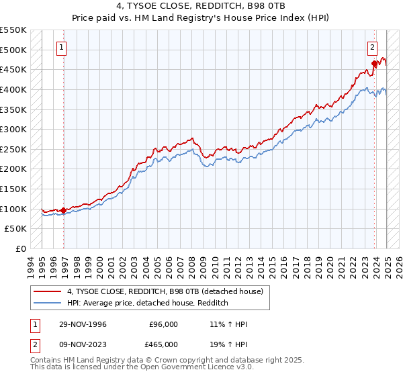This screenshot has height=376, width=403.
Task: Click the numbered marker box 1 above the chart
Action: (x=61, y=47)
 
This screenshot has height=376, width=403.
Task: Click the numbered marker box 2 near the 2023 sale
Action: (x=372, y=47)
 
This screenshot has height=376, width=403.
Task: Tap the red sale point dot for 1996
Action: (x=64, y=210)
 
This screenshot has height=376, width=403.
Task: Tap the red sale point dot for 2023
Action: (x=375, y=64)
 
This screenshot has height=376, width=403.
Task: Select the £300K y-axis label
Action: (x=13, y=129)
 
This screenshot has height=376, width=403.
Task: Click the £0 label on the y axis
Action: (x=21, y=248)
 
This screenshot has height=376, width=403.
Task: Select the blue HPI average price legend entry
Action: (x=148, y=303)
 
